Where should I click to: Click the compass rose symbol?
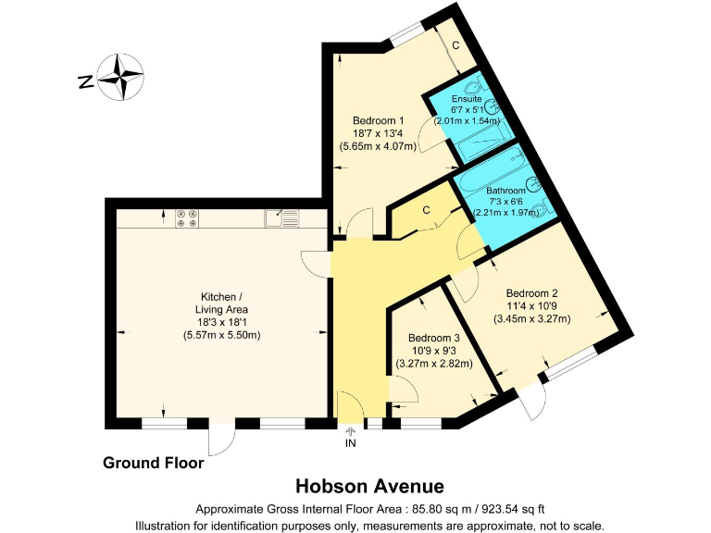[x=120, y=77]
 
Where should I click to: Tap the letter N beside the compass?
[x=84, y=82]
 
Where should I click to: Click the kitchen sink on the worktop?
[x=281, y=218]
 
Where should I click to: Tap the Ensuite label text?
[x=467, y=98]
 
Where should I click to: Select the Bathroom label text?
[x=505, y=190]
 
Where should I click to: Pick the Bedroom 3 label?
[x=434, y=338]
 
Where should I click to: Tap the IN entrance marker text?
[x=351, y=444]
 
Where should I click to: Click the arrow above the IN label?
[x=351, y=431]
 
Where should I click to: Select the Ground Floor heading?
[x=153, y=463]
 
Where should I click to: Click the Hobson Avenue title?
[x=369, y=486]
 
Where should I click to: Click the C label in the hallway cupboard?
[x=426, y=210]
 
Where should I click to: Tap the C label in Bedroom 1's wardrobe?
[x=455, y=43]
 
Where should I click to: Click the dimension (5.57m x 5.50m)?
[x=221, y=334]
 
